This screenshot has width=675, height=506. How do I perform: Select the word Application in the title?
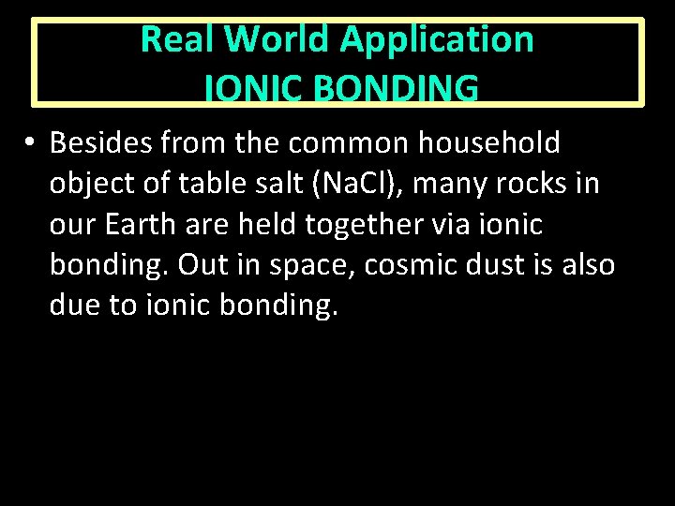click(x=437, y=39)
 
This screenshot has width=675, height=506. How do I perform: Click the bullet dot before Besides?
click(x=31, y=143)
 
